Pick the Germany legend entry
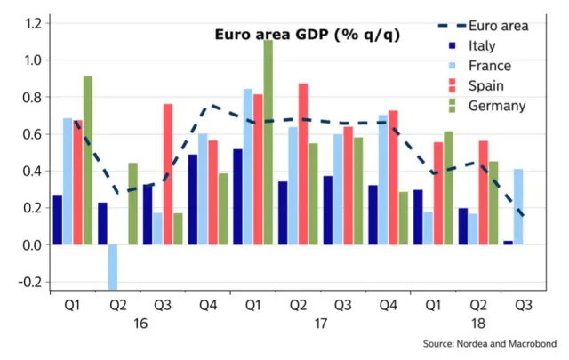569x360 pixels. [483, 106]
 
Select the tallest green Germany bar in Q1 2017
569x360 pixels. [268, 142]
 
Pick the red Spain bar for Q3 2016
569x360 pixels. [167, 174]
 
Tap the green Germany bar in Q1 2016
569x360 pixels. [87, 160]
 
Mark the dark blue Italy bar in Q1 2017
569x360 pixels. [237, 196]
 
